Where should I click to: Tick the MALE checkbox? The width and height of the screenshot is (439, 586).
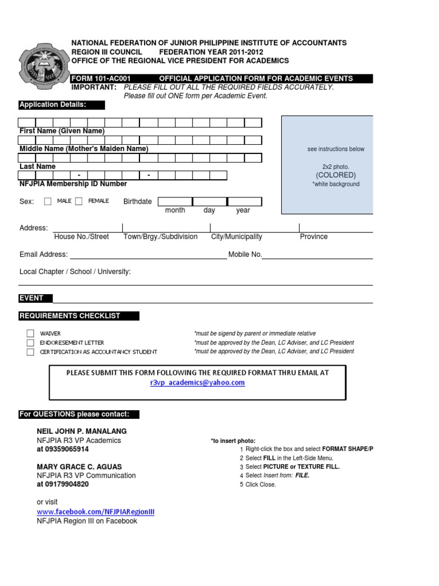point(47,201)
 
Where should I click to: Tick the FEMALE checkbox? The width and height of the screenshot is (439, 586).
point(78,201)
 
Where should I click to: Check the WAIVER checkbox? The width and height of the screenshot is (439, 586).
point(30,333)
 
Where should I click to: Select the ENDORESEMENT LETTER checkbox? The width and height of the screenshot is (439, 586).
point(30,342)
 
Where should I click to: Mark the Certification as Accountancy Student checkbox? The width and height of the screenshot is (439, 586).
point(30,352)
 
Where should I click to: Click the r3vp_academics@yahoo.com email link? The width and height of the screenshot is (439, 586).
point(197,383)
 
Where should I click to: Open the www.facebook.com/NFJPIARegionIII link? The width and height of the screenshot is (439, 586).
point(95,512)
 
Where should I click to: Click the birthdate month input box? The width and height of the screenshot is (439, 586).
point(175,201)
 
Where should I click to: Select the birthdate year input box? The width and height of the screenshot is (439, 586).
point(245,201)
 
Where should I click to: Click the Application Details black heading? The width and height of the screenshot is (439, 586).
point(62,105)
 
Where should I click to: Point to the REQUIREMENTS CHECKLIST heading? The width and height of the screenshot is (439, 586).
point(78,316)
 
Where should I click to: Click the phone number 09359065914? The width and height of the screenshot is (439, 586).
point(63,449)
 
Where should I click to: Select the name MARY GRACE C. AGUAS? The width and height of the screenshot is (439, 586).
point(79,467)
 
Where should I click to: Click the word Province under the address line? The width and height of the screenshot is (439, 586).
point(314,236)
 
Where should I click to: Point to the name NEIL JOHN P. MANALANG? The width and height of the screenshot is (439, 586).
point(82,431)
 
